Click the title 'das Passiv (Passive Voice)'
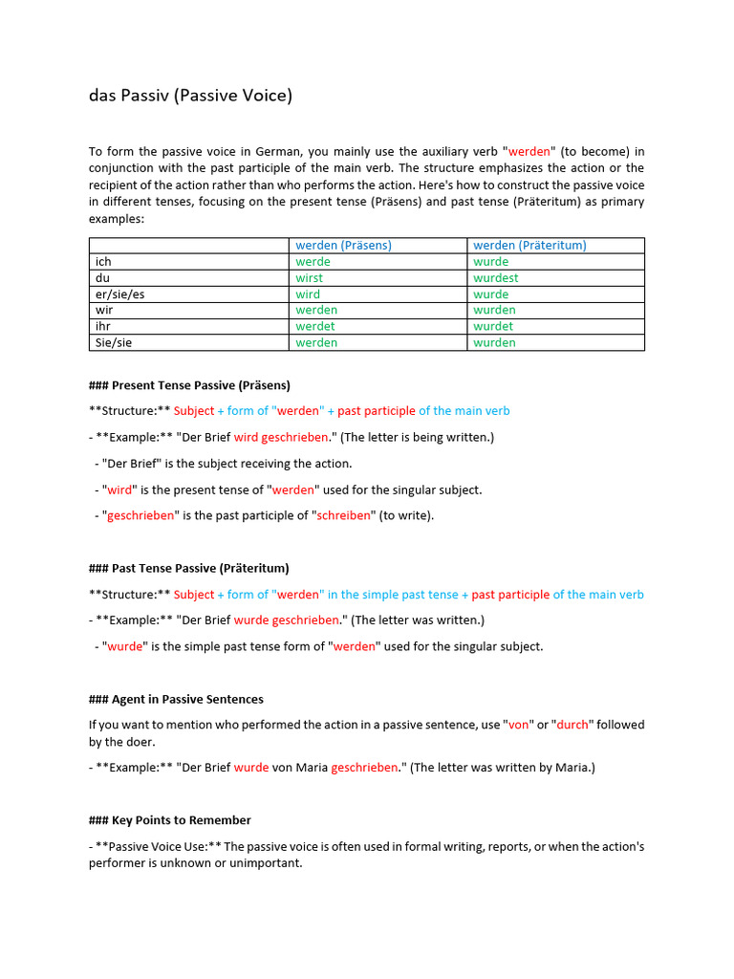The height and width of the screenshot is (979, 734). pyautogui.click(x=190, y=96)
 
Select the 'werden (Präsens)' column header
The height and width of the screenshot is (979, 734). pyautogui.click(x=343, y=245)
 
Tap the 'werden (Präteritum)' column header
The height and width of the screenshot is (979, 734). pyautogui.click(x=529, y=245)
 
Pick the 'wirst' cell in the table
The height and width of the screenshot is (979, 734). pyautogui.click(x=310, y=277)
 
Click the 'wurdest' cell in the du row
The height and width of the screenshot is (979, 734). pyautogui.click(x=496, y=277)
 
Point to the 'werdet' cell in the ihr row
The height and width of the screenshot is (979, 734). pyautogui.click(x=315, y=326)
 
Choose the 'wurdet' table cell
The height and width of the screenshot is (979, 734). pyautogui.click(x=493, y=326)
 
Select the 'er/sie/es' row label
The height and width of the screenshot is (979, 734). pyautogui.click(x=120, y=294)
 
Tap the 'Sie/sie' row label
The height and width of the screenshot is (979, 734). pyautogui.click(x=114, y=342)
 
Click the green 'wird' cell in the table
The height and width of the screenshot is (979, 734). pyautogui.click(x=308, y=294)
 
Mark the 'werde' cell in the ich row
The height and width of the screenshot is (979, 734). pyautogui.click(x=313, y=261)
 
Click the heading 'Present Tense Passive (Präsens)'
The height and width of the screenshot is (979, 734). pyautogui.click(x=189, y=385)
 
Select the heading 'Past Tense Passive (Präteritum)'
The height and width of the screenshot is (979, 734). pyautogui.click(x=188, y=568)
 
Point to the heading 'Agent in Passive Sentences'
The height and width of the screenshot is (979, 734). pyautogui.click(x=176, y=699)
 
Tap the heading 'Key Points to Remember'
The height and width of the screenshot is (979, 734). pyautogui.click(x=169, y=820)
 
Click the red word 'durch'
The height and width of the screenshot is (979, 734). pyautogui.click(x=572, y=725)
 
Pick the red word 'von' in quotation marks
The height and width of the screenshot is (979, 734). pyautogui.click(x=519, y=725)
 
